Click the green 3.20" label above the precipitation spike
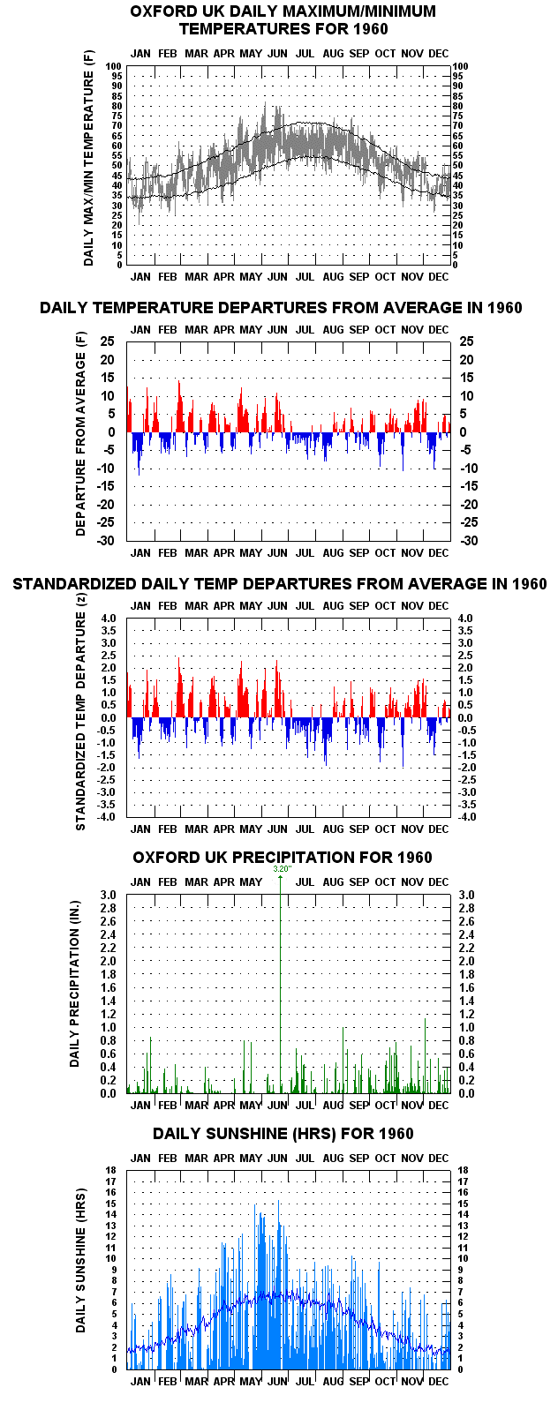[x=283, y=868]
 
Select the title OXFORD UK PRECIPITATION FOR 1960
[x=283, y=858]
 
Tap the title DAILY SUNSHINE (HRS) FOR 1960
[x=283, y=1134]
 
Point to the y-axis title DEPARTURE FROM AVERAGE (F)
[x=80, y=444]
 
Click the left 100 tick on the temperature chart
[x=113, y=66]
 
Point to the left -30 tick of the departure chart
[x=106, y=541]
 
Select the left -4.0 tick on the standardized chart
[x=106, y=817]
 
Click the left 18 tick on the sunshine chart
[x=111, y=1170]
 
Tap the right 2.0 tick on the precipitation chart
[x=466, y=961]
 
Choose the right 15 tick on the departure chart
[x=466, y=378]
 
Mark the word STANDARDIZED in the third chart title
[x=74, y=584]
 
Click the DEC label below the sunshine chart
[x=438, y=1381]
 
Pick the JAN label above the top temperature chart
[x=140, y=54]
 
